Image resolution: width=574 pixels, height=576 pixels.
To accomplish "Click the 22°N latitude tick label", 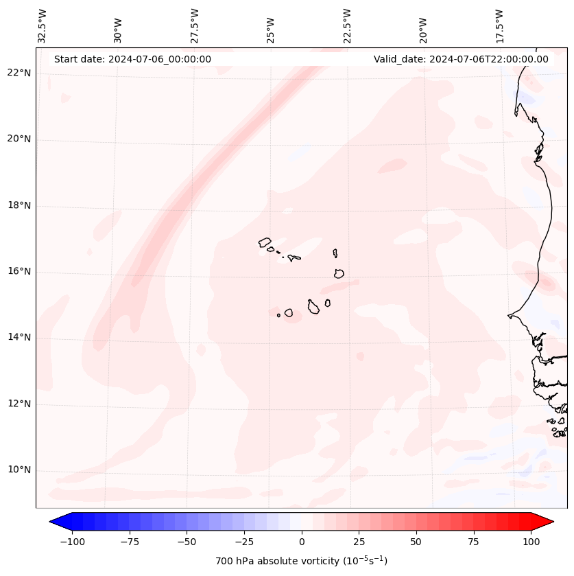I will [x=19, y=73].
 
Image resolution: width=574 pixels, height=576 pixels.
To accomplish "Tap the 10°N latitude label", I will [x=19, y=470].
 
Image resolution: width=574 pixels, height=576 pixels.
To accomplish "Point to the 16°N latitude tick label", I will [x=19, y=272].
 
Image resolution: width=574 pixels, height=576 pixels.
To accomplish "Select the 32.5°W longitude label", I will [x=43, y=26].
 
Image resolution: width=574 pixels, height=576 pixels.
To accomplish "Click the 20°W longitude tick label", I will [x=423, y=27].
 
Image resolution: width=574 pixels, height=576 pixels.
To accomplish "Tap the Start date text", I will [x=132, y=59].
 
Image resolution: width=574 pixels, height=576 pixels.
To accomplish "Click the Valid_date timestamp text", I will [x=461, y=59].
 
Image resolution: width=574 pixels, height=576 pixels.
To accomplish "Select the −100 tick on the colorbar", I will [x=72, y=542].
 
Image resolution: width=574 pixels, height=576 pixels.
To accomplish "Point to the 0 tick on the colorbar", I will [x=302, y=542].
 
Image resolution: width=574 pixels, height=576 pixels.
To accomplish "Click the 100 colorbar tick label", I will [x=531, y=542].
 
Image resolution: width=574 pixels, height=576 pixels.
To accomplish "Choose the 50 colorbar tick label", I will [x=416, y=542].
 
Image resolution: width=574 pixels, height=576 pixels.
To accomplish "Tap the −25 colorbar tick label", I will [x=244, y=542].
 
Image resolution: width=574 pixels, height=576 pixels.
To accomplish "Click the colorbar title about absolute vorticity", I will [x=301, y=561].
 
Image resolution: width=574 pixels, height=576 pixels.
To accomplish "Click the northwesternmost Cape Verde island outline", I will [x=265, y=242].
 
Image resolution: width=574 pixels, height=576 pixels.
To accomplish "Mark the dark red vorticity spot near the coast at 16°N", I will [x=547, y=282].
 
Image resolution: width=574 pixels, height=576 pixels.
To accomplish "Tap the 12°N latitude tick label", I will [x=19, y=404].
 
